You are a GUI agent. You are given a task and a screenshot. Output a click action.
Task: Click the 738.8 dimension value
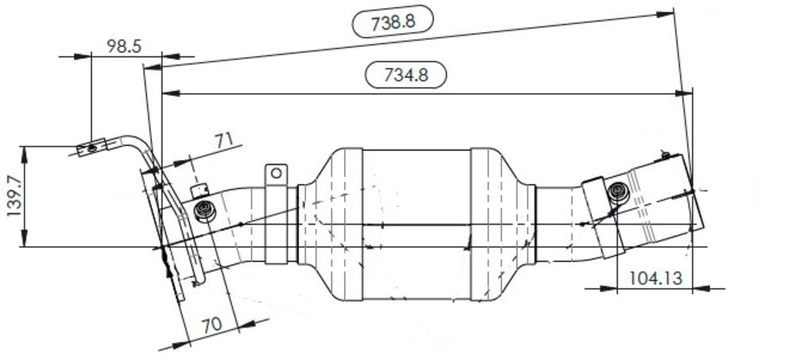point(392,23)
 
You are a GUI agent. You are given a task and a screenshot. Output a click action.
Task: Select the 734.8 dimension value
point(406,75)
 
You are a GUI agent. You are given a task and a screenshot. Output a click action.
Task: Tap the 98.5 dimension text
point(124,46)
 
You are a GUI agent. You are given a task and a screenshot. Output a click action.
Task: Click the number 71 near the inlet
point(224,141)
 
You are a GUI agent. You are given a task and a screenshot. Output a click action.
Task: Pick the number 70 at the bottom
point(210,326)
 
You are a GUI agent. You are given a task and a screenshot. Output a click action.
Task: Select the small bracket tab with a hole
point(275,174)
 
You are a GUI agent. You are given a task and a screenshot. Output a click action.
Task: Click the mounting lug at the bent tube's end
point(91,148)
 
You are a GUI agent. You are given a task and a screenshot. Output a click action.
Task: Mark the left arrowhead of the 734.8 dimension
point(168,93)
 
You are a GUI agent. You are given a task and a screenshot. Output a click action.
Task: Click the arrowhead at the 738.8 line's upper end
point(667,14)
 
